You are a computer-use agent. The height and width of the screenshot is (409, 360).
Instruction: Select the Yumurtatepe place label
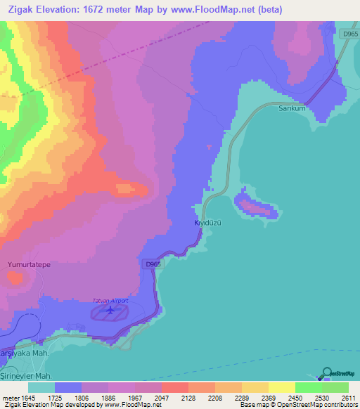[27, 264]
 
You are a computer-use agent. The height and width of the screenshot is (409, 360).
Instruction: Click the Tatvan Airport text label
[111, 301]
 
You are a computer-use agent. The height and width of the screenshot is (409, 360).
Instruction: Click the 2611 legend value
[349, 398]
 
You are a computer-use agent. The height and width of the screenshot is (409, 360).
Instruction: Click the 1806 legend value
[82, 398]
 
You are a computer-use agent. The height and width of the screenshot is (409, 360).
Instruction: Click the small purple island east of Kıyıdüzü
[255, 207]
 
